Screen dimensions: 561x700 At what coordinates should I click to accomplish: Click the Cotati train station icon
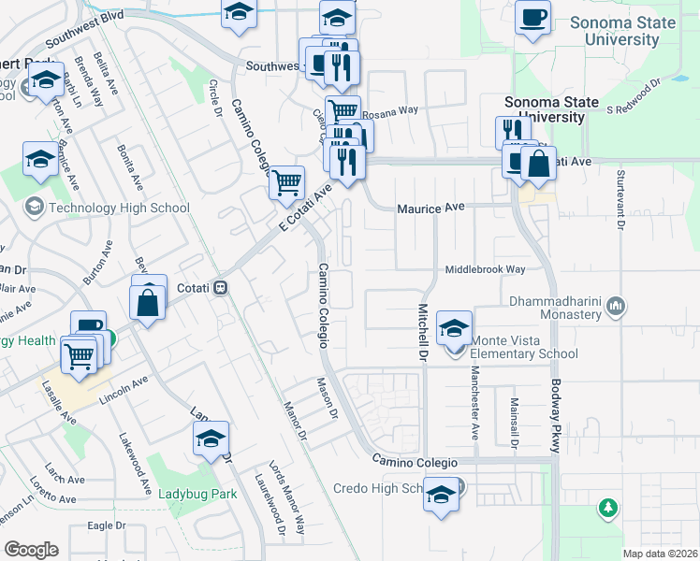pyautogui.click(x=221, y=287)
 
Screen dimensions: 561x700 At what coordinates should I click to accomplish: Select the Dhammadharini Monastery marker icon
pyautogui.click(x=616, y=305)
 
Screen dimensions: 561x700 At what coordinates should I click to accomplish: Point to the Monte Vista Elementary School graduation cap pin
pyautogui.click(x=454, y=330)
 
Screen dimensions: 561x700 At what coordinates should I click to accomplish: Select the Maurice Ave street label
pyautogui.click(x=430, y=209)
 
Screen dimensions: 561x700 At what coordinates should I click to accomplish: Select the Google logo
pyautogui.click(x=31, y=550)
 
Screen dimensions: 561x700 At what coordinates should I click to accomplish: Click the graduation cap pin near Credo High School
pyautogui.click(x=441, y=496)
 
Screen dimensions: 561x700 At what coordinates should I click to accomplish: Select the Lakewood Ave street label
pyautogui.click(x=135, y=463)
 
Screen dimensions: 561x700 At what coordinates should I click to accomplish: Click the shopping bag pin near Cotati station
pyautogui.click(x=149, y=303)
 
